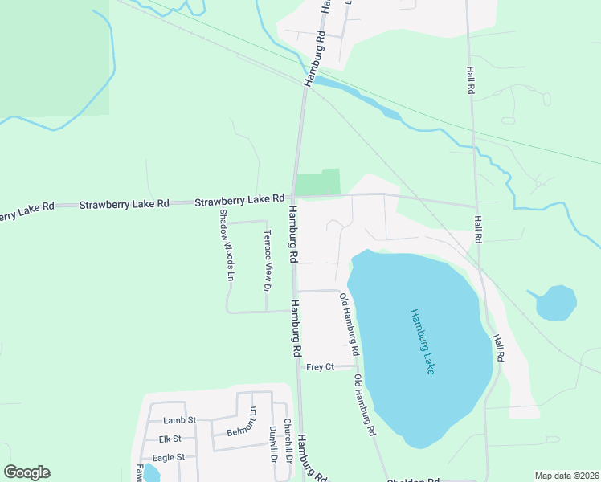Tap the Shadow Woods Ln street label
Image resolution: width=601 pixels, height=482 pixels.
(x=227, y=245)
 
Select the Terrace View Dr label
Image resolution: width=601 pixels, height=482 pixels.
(x=269, y=261)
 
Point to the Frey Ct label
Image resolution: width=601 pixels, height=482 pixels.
(x=320, y=367)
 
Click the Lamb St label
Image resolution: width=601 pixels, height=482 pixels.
(x=179, y=420)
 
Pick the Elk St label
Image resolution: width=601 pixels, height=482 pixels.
(x=170, y=439)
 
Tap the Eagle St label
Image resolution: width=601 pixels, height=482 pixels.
(x=169, y=457)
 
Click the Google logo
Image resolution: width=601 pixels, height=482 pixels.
(x=27, y=472)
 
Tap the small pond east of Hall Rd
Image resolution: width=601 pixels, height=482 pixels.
(x=556, y=303)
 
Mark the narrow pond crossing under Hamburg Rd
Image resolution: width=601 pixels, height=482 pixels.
(x=354, y=94)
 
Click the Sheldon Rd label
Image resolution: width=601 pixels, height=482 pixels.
(x=413, y=480)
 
